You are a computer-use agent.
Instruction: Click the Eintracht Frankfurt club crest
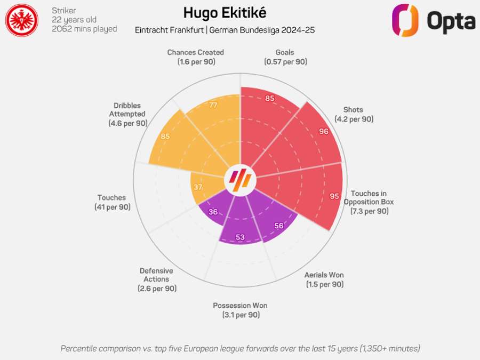pyautogui.click(x=21, y=20)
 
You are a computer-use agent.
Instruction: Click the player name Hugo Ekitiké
pyautogui.click(x=225, y=12)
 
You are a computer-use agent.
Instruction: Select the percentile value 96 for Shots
pyautogui.click(x=324, y=131)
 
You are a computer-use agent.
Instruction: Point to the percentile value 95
pyautogui.click(x=334, y=196)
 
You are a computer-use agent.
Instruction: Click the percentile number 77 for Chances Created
pyautogui.click(x=213, y=105)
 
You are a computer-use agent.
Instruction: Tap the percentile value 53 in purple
pyautogui.click(x=240, y=237)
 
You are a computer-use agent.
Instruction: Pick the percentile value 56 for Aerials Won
pyautogui.click(x=279, y=226)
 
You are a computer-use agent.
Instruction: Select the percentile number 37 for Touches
pyautogui.click(x=198, y=187)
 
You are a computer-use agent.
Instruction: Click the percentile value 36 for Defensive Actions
pyautogui.click(x=213, y=211)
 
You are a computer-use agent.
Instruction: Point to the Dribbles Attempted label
pyautogui.click(x=127, y=114)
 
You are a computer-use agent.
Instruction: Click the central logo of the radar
pyautogui.click(x=240, y=180)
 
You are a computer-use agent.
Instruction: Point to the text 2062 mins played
pyautogui.click(x=84, y=29)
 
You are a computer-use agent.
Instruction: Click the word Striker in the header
pyautogui.click(x=64, y=10)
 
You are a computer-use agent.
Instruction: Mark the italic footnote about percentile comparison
pyautogui.click(x=240, y=348)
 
